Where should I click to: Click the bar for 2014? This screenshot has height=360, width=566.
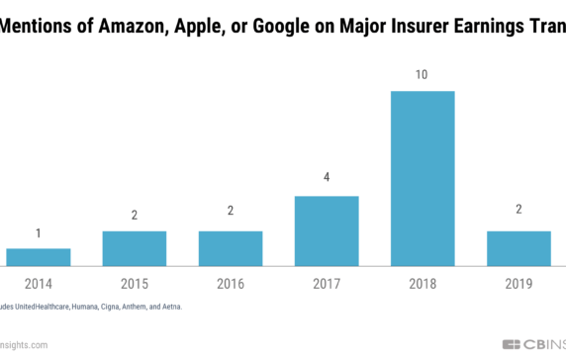(x=38, y=257)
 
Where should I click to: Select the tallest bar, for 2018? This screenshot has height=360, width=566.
(x=423, y=178)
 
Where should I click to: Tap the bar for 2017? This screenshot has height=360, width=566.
(x=327, y=230)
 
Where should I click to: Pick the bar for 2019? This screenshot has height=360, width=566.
(x=519, y=248)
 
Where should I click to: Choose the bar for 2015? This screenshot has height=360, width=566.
(x=134, y=248)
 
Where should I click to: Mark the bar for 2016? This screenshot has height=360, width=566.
(x=231, y=248)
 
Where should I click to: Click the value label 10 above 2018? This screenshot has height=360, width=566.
(x=423, y=75)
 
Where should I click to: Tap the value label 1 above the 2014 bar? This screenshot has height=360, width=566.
(x=38, y=232)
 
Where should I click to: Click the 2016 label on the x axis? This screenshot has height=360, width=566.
(x=231, y=284)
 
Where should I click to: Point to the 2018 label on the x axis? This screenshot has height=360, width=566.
(x=423, y=284)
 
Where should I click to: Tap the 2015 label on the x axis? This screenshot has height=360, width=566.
(x=134, y=284)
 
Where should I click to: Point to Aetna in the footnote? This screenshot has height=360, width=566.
(x=169, y=307)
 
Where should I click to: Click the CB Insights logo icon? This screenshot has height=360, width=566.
(x=513, y=344)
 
